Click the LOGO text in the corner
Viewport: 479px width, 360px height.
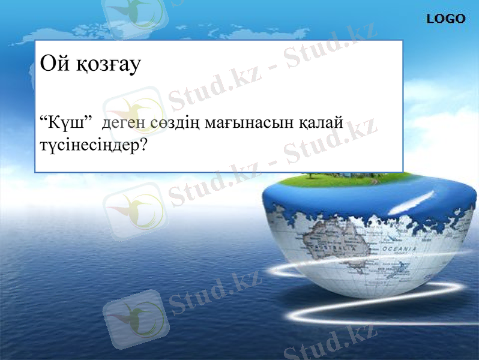[445, 19]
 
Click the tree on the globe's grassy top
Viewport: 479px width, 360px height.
[312, 175]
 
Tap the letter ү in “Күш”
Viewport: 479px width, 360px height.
[64, 124]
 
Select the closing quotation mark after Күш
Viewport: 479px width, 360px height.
[86, 119]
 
